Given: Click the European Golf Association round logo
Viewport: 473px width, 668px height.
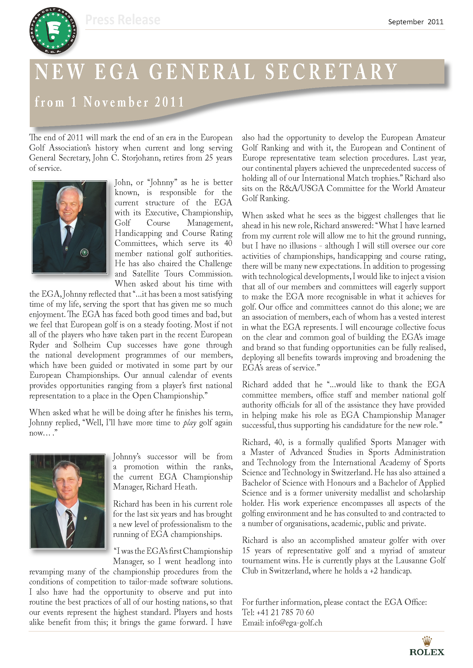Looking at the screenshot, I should point(53,31).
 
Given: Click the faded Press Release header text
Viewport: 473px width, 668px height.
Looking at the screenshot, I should point(123,20).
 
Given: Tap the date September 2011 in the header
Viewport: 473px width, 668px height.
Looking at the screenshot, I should point(416,22).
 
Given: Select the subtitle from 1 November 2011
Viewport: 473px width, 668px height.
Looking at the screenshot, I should point(109,102).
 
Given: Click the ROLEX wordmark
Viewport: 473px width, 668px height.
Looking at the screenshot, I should point(427,652).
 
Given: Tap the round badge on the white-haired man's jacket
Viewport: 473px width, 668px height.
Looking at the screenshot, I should point(84,252).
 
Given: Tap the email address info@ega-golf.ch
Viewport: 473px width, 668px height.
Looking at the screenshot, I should point(294,623).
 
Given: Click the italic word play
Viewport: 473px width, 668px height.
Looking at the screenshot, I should point(189,423).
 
